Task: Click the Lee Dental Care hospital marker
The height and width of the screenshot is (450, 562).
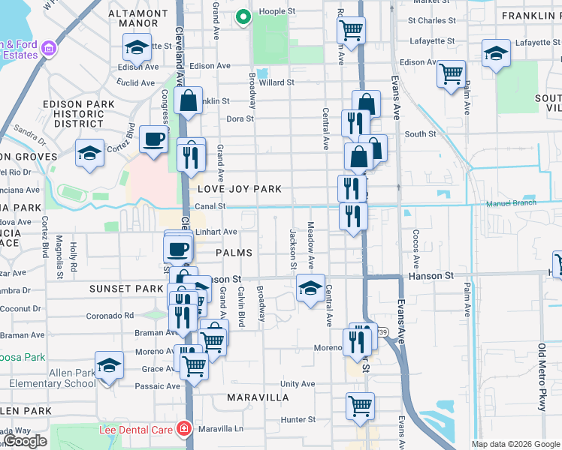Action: tap(183, 429)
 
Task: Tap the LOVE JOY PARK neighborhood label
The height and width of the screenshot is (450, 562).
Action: tap(229, 189)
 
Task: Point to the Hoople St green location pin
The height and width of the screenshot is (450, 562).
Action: tap(243, 16)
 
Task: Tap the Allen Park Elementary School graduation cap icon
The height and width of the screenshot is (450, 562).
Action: tap(110, 366)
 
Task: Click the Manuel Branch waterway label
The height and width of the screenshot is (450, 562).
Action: tap(515, 203)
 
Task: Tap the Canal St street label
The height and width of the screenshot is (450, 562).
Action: tap(210, 205)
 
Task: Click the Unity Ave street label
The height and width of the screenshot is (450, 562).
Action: tap(297, 384)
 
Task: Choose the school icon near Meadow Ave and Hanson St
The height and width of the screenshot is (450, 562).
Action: tap(310, 286)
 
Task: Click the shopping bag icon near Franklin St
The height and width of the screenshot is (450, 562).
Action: tap(189, 100)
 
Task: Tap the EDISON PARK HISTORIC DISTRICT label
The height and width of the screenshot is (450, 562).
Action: tap(74, 114)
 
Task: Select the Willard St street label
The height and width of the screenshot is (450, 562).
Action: tap(276, 82)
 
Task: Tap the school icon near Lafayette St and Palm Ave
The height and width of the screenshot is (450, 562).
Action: tap(495, 52)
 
